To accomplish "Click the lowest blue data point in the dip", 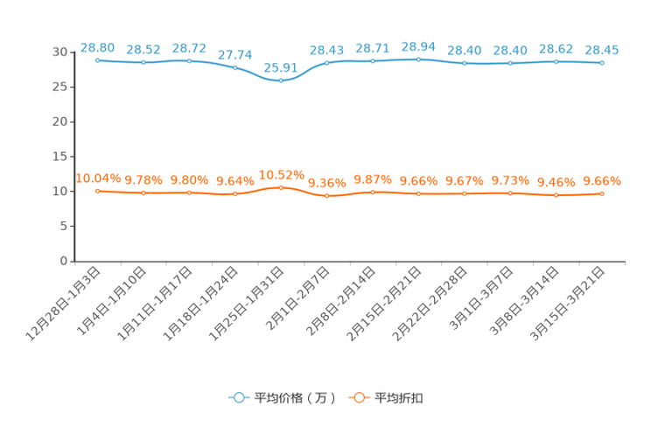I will (280, 81).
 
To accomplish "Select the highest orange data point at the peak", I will (280, 187).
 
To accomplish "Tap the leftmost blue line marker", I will (98, 59).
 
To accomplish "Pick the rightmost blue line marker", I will (602, 63).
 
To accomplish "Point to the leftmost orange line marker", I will (98, 190).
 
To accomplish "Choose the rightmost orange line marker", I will (602, 193).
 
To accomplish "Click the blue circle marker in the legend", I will (238, 397).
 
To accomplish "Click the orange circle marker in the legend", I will (358, 397).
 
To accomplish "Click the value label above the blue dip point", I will (280, 66).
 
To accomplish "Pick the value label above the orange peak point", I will (280, 173).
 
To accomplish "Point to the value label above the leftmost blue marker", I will (97, 45).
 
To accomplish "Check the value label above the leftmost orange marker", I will (97, 178).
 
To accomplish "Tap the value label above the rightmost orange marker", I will (602, 180).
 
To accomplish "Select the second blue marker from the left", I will (143, 62).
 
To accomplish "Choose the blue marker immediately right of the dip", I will (327, 62).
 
